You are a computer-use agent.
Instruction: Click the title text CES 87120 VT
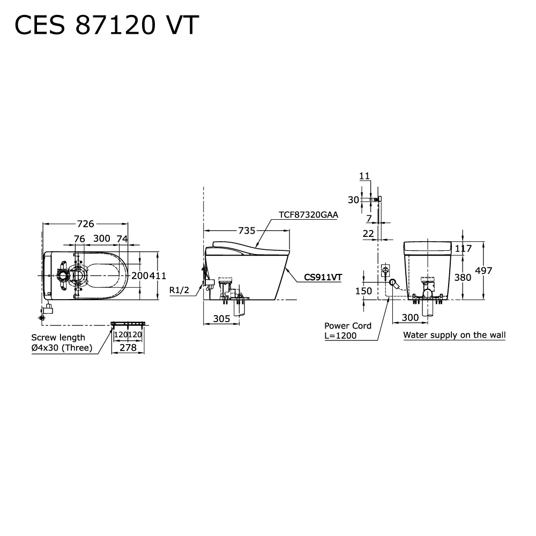point(107,25)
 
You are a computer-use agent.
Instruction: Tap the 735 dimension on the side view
point(247,230)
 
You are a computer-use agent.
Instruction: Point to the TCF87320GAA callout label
point(308,215)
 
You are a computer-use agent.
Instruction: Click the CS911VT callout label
point(323,277)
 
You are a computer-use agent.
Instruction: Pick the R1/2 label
point(180,290)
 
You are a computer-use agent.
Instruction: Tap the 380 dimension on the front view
point(463,277)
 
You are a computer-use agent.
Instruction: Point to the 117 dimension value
point(463,248)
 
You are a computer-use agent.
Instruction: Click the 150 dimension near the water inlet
point(363,291)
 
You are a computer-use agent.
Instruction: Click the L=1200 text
point(340,336)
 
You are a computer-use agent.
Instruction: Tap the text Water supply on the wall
point(454,335)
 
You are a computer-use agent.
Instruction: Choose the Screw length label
point(58,337)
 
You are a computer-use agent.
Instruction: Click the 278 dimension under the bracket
point(128,347)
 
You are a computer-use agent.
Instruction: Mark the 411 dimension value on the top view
point(158,276)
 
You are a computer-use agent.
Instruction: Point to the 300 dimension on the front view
point(410,317)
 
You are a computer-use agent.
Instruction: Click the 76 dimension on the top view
point(79,239)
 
